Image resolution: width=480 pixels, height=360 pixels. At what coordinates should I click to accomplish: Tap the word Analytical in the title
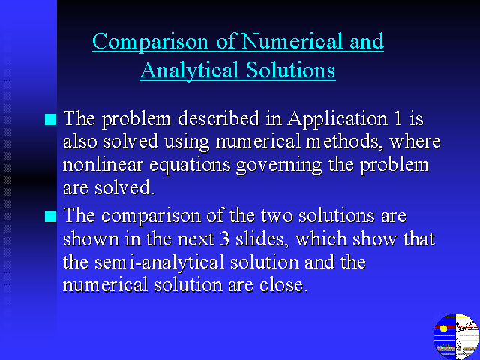[x=190, y=70]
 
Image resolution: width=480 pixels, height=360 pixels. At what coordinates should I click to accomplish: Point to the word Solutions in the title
[x=290, y=70]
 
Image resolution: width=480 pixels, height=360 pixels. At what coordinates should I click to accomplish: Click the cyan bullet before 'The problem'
[x=50, y=119]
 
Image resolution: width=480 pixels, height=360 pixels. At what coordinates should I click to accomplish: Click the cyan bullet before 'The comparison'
[x=50, y=216]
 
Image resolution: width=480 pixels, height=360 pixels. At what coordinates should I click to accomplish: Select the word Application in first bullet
[x=337, y=119]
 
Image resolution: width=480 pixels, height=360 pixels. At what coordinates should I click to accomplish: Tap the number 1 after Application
[x=398, y=118]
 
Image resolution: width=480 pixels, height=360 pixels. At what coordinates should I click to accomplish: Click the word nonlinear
[x=103, y=165]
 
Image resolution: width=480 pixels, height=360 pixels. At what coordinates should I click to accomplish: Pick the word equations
[x=190, y=166]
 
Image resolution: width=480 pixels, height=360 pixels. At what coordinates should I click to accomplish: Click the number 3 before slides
[x=225, y=238]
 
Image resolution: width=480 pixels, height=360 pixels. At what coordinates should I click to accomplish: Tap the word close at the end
[x=283, y=285]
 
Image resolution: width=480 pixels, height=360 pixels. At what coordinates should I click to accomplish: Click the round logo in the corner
[x=456, y=337]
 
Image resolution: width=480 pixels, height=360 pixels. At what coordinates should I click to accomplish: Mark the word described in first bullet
[x=218, y=118]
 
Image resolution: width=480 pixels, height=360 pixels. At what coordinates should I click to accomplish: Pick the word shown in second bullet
[x=91, y=238]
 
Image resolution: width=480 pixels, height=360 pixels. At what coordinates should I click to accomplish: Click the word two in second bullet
[x=277, y=216]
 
